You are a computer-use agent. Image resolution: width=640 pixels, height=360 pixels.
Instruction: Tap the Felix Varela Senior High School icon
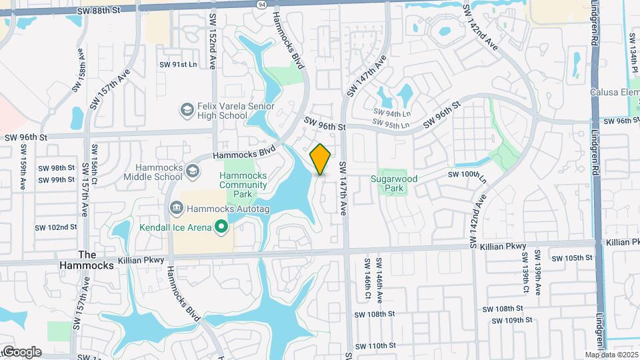[x=187, y=109]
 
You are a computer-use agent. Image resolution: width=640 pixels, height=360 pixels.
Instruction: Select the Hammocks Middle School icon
[x=192, y=170]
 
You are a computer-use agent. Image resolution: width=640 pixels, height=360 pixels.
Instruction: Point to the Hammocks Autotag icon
[x=176, y=207]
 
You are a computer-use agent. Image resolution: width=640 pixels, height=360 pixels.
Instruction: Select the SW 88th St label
[x=98, y=11]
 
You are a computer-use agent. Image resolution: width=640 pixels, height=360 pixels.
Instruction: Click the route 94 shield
[x=263, y=5]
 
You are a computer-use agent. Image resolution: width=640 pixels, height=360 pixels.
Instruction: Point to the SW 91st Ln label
[x=177, y=65]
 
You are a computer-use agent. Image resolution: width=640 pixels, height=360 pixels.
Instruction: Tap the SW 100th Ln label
[x=468, y=174]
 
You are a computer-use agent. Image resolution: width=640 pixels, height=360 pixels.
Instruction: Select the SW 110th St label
[x=375, y=346]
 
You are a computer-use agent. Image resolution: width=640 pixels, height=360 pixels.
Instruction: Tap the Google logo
[x=21, y=352]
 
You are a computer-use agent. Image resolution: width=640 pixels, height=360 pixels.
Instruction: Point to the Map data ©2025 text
[x=612, y=355]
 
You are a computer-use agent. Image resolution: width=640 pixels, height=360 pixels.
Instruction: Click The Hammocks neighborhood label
[x=96, y=260]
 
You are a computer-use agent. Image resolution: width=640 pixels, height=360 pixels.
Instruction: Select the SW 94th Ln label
[x=392, y=112]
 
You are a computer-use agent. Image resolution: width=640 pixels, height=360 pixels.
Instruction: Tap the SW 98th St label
[x=57, y=168]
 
